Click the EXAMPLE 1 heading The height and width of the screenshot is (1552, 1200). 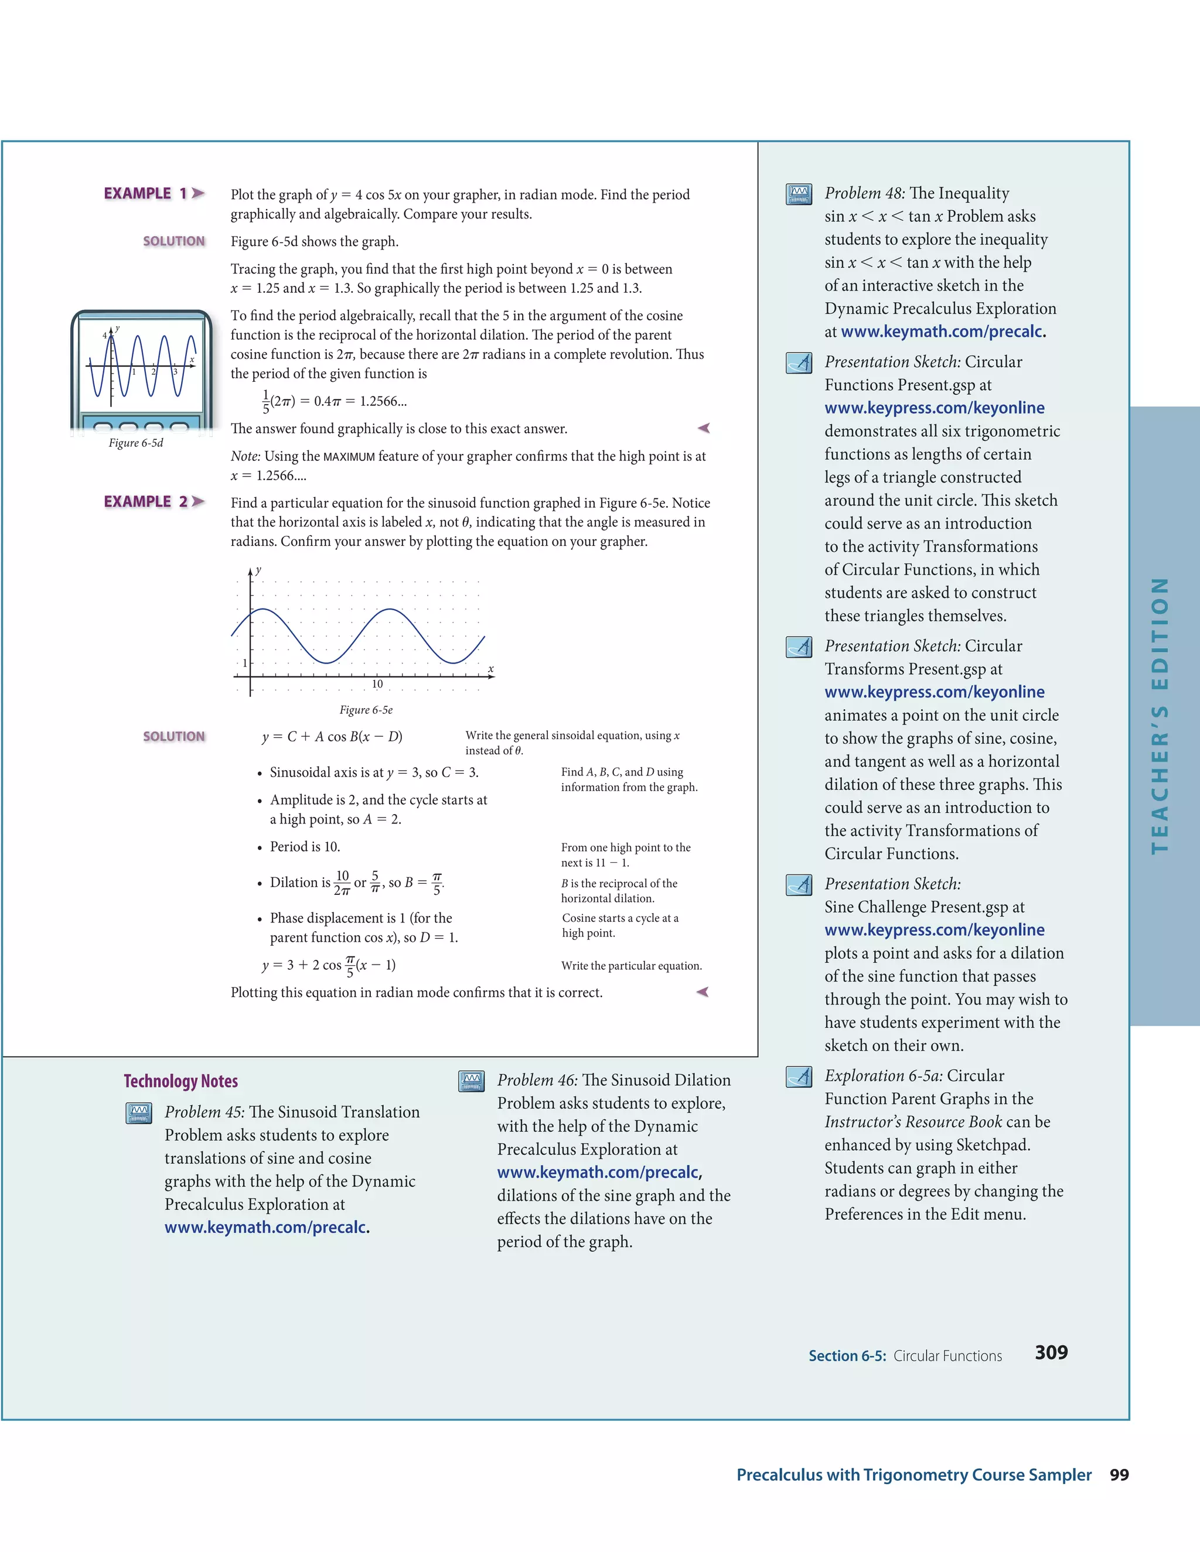(154, 193)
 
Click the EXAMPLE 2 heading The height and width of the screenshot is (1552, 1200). (154, 502)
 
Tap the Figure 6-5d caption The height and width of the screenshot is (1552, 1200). (136, 443)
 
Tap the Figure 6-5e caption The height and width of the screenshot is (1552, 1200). (366, 710)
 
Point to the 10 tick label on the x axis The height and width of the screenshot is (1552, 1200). (377, 684)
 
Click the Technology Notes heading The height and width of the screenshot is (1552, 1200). (180, 1081)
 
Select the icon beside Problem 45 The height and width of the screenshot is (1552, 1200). (139, 1113)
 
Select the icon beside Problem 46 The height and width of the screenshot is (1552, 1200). (471, 1081)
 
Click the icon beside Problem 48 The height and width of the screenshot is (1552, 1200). (799, 194)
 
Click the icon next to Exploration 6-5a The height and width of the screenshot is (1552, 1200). (799, 1076)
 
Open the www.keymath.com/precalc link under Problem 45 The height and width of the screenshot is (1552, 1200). (267, 1227)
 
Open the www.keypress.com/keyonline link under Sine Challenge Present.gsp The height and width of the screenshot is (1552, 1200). (934, 929)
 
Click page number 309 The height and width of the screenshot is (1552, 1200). (1051, 1352)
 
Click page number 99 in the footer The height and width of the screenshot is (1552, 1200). (1119, 1475)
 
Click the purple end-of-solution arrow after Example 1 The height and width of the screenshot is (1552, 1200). (704, 428)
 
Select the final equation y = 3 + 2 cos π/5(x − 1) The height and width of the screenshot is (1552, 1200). (329, 965)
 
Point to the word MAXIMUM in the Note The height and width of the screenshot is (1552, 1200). (349, 457)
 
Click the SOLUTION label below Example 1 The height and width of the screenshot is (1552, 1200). (173, 241)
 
